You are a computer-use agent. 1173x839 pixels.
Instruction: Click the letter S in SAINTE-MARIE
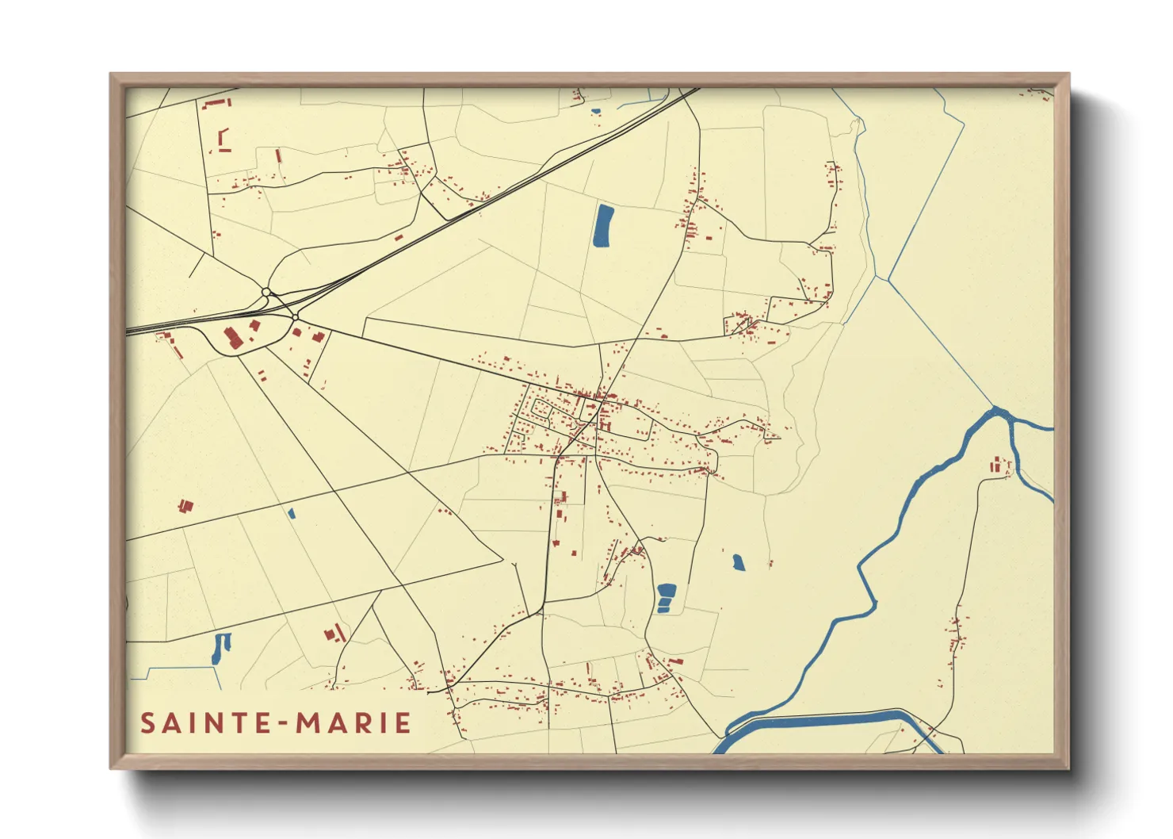pyautogui.click(x=147, y=723)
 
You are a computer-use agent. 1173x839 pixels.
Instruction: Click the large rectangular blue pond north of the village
pyautogui.click(x=604, y=226)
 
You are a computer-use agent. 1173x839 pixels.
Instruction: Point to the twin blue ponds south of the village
pyautogui.click(x=667, y=598)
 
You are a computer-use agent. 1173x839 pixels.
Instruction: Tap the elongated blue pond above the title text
pyautogui.click(x=218, y=649)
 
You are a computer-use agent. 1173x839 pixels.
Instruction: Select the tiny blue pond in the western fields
pyautogui.click(x=292, y=513)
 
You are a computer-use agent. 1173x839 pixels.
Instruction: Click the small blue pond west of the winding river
pyautogui.click(x=738, y=562)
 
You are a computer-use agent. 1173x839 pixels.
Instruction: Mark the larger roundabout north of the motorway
pyautogui.click(x=266, y=293)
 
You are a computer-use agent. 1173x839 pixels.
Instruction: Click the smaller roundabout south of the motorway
pyautogui.click(x=295, y=317)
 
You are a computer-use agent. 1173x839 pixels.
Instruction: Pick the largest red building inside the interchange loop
pyautogui.click(x=233, y=337)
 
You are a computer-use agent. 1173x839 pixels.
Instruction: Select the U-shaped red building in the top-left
pyautogui.click(x=224, y=140)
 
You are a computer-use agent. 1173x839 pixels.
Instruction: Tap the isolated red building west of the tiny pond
pyautogui.click(x=186, y=505)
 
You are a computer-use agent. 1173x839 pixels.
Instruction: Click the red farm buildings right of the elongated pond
pyautogui.click(x=334, y=633)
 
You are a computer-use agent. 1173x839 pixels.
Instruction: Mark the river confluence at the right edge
pyautogui.click(x=1000, y=413)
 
